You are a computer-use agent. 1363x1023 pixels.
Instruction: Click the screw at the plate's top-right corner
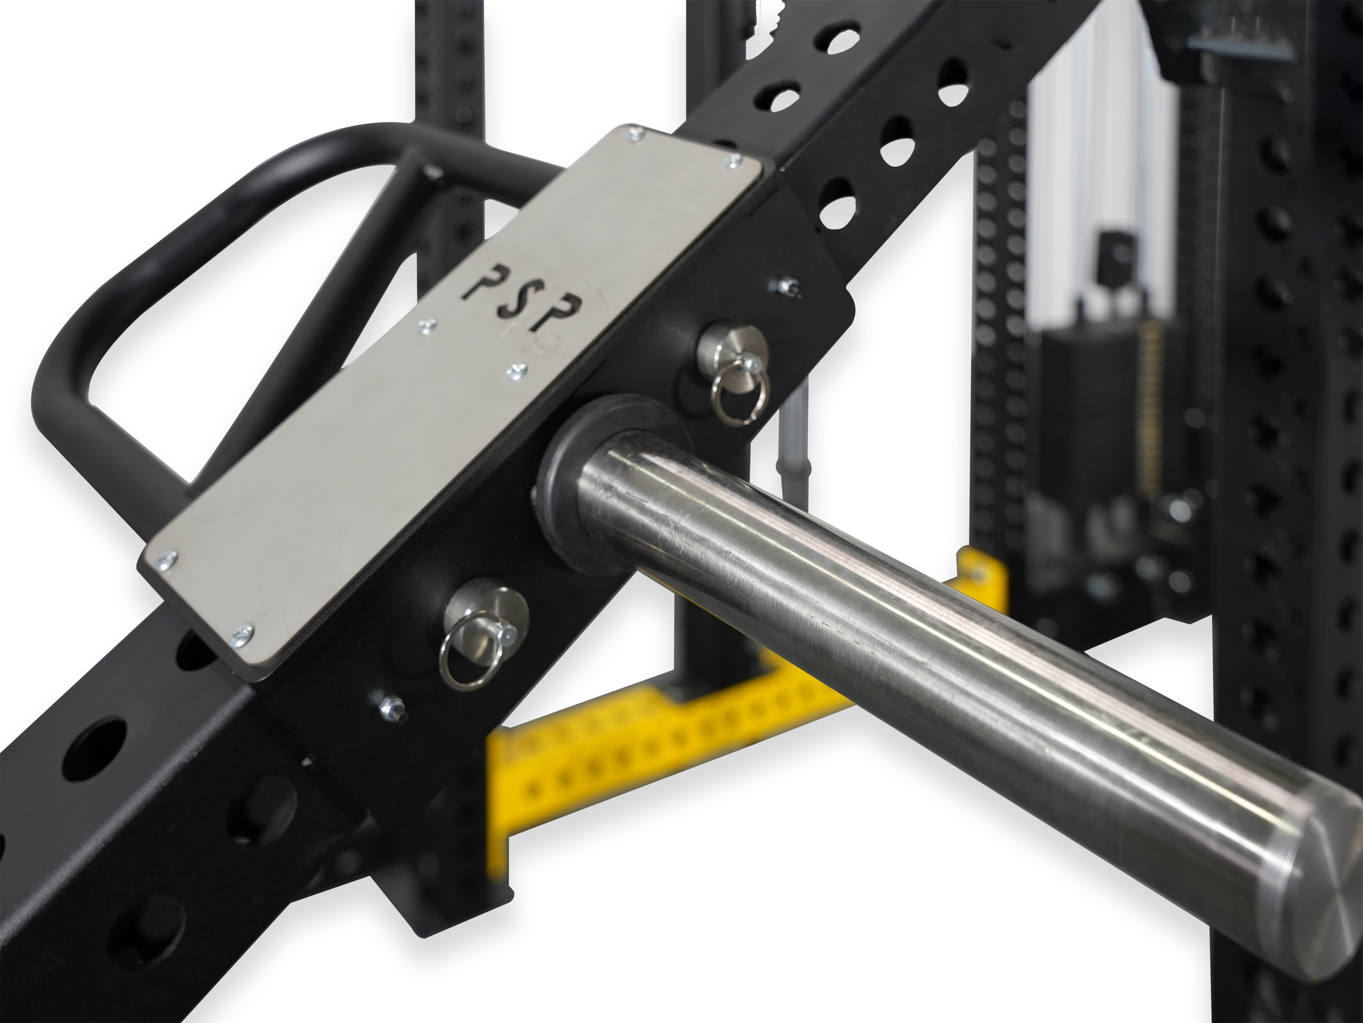coord(733,161)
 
